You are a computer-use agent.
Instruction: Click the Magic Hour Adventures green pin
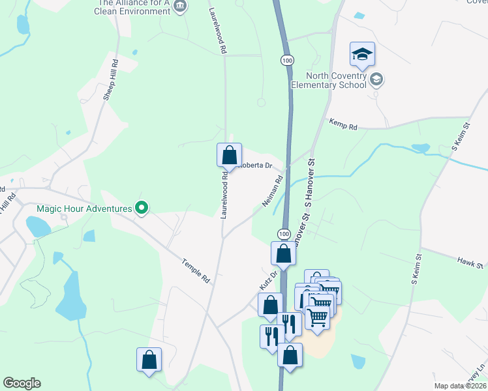[x=142, y=209]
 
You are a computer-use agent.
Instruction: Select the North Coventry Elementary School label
[x=329, y=80]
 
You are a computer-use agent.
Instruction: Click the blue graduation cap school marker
[x=362, y=55]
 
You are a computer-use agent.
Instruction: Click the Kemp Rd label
[x=344, y=124]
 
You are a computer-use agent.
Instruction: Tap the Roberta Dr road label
[x=254, y=165]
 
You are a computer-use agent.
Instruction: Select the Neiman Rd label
[x=273, y=192]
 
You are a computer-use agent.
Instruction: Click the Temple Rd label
[x=196, y=269]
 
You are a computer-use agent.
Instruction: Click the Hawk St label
[x=470, y=265]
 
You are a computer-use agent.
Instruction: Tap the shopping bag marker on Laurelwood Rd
[x=229, y=155]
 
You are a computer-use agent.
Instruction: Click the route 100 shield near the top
[x=287, y=60]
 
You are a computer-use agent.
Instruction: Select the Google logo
[x=22, y=383]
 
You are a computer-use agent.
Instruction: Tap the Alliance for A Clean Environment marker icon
[x=181, y=7]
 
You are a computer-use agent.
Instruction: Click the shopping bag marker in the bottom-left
[x=149, y=359]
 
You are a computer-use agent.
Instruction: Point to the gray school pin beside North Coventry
[x=376, y=80]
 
